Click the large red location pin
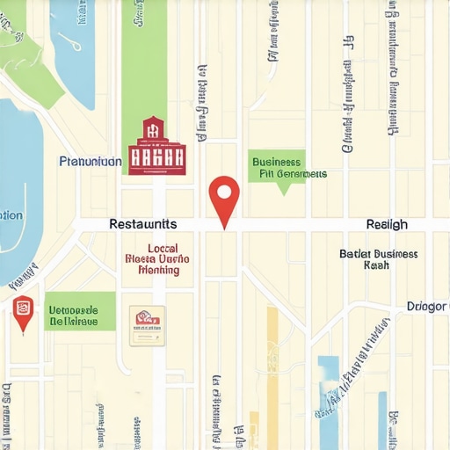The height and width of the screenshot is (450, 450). pyautogui.click(x=225, y=198)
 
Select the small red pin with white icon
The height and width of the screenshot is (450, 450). pyautogui.click(x=23, y=311)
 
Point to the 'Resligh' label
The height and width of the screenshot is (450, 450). pyautogui.click(x=387, y=225)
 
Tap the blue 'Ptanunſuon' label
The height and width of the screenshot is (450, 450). pyautogui.click(x=90, y=162)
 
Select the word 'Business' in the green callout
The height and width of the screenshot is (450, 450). pyautogui.click(x=276, y=162)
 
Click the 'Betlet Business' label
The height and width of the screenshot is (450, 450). pyautogui.click(x=378, y=254)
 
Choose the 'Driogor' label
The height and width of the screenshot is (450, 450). pyautogui.click(x=427, y=307)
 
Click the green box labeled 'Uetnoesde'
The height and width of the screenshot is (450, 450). pyautogui.click(x=80, y=311)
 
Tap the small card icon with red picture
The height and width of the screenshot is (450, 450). pyautogui.click(x=147, y=323)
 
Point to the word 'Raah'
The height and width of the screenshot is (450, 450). pyautogui.click(x=376, y=265)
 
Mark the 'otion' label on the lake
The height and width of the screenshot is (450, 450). pyautogui.click(x=11, y=214)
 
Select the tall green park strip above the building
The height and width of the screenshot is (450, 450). pyautogui.click(x=144, y=62)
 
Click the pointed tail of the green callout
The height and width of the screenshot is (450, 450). pyautogui.click(x=282, y=190)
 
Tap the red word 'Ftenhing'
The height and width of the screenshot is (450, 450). pyautogui.click(x=159, y=271)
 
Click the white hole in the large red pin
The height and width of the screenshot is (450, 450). pyautogui.click(x=225, y=191)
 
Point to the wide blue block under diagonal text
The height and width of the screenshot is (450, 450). pyautogui.click(x=329, y=387)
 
